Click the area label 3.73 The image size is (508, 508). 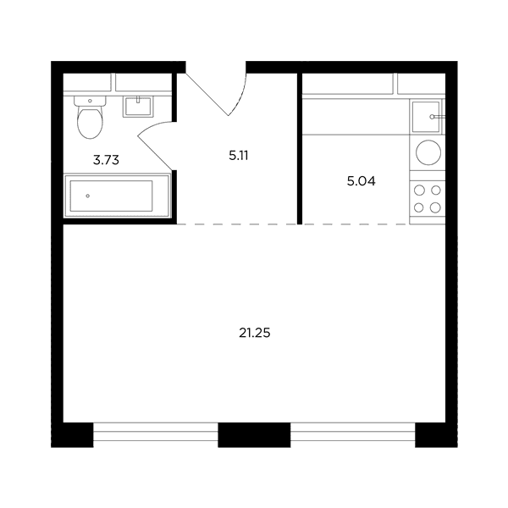[106, 160]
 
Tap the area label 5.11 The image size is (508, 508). [239, 156]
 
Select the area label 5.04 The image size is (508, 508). [362, 181]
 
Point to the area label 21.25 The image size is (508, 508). [255, 333]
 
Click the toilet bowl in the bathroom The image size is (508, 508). [90, 123]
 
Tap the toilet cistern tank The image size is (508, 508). [90, 101]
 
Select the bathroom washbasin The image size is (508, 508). [138, 107]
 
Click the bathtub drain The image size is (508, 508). [87, 196]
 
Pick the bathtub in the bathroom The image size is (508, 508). [117, 196]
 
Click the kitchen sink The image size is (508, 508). [426, 117]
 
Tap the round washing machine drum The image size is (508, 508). [428, 152]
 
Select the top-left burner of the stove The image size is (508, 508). [420, 190]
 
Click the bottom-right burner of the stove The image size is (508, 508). [435, 207]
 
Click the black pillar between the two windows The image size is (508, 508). [254, 435]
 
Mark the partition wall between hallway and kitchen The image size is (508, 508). [300, 149]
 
